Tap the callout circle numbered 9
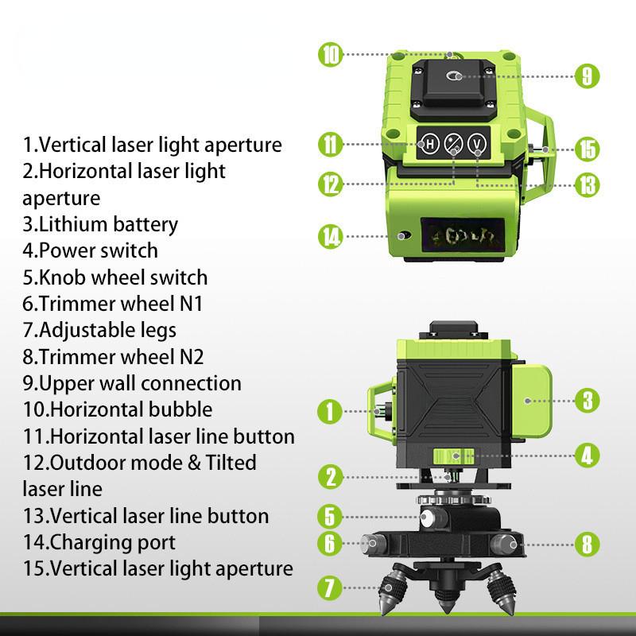[586, 76]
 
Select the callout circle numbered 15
[586, 149]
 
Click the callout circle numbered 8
[586, 545]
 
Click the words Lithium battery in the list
[100, 224]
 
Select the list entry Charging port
[100, 543]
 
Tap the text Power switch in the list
[91, 250]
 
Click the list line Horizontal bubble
[118, 409]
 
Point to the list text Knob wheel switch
[116, 277]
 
